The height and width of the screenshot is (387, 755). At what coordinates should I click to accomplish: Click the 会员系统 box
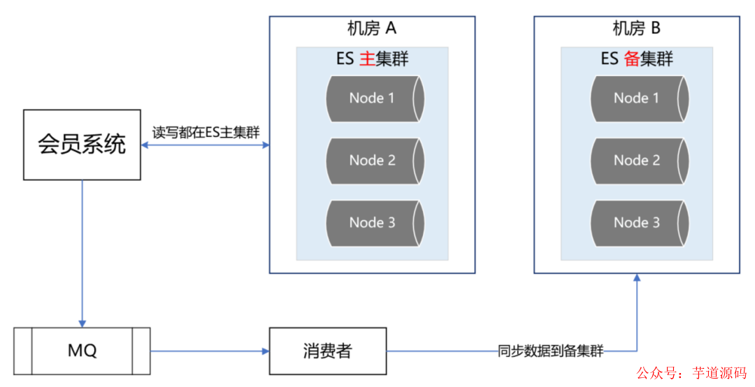click(x=82, y=145)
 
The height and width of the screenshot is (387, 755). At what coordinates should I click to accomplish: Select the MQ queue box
click(x=82, y=350)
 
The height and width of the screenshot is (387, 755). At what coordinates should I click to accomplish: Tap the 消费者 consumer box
click(x=328, y=350)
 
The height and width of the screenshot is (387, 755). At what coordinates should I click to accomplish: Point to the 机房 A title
click(x=372, y=29)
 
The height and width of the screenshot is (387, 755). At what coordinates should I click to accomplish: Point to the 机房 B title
click(x=636, y=29)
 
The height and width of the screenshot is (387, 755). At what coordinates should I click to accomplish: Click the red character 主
click(x=366, y=59)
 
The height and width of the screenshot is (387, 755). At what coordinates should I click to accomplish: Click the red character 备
click(x=631, y=59)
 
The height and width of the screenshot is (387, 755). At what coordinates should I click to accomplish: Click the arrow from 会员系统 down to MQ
click(x=82, y=251)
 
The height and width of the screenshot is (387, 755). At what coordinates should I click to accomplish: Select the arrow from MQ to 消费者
click(x=210, y=350)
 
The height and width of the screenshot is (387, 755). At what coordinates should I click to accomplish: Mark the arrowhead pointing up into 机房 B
click(x=637, y=278)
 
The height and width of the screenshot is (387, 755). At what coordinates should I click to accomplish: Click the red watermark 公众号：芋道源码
click(x=691, y=373)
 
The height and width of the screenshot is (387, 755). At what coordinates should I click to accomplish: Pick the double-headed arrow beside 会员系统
click(x=205, y=145)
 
